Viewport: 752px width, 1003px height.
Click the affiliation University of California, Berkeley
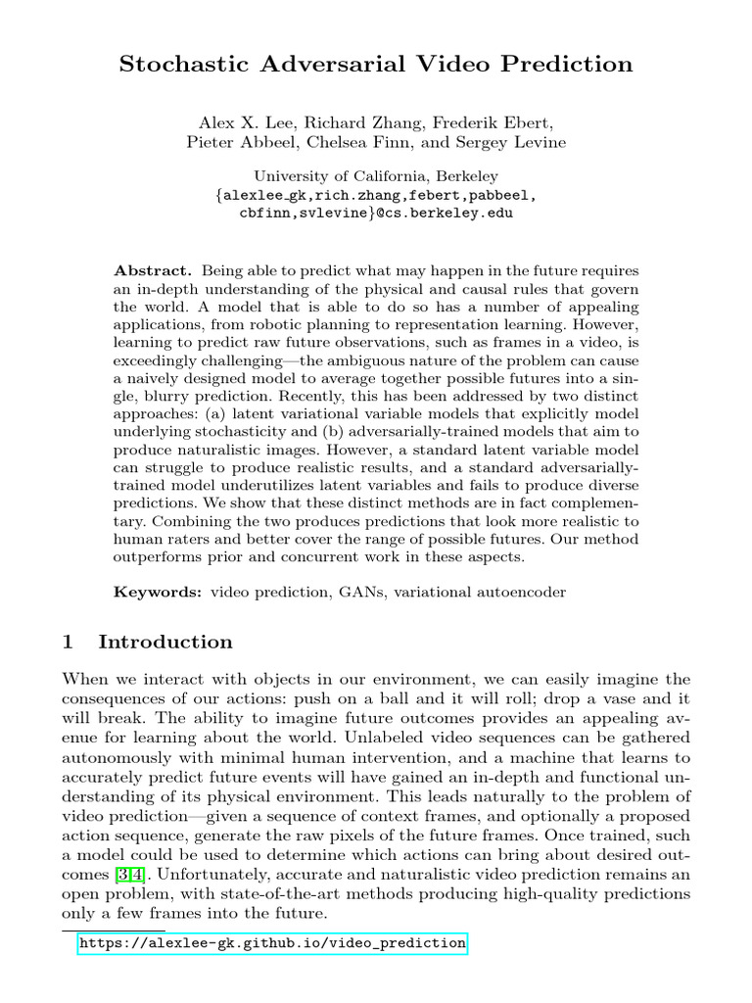coord(376,176)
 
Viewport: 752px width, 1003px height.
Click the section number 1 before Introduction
coord(68,643)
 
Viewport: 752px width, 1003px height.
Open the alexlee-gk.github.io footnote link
coord(272,943)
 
